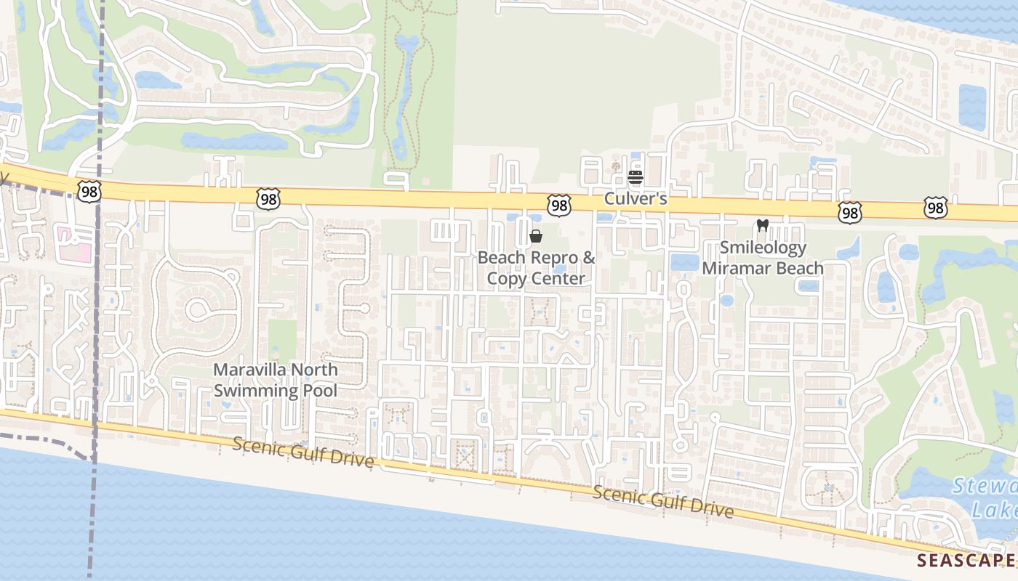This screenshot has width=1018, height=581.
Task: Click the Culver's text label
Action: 636,198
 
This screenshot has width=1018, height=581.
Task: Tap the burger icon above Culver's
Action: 636,177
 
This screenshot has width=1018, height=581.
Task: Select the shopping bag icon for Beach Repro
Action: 536,236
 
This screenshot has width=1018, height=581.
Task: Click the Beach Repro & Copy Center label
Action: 536,268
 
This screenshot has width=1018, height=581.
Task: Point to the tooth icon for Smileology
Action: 762,226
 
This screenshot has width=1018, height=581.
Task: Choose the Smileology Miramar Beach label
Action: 762,258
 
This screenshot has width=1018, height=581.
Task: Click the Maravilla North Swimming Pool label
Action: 275,380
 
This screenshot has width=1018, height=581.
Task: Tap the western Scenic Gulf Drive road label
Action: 303,452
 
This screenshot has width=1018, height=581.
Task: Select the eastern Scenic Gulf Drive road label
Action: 662,502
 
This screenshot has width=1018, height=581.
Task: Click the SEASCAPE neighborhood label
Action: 965,561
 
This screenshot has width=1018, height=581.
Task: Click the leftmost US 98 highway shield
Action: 89,191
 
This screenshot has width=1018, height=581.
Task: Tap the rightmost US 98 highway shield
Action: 936,208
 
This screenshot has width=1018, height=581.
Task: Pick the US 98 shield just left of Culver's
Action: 558,206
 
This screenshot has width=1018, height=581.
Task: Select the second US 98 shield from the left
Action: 268,198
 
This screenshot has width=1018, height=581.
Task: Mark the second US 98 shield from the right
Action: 849,212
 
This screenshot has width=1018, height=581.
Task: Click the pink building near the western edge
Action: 76,243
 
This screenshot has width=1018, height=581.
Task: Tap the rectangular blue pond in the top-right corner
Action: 972,107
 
